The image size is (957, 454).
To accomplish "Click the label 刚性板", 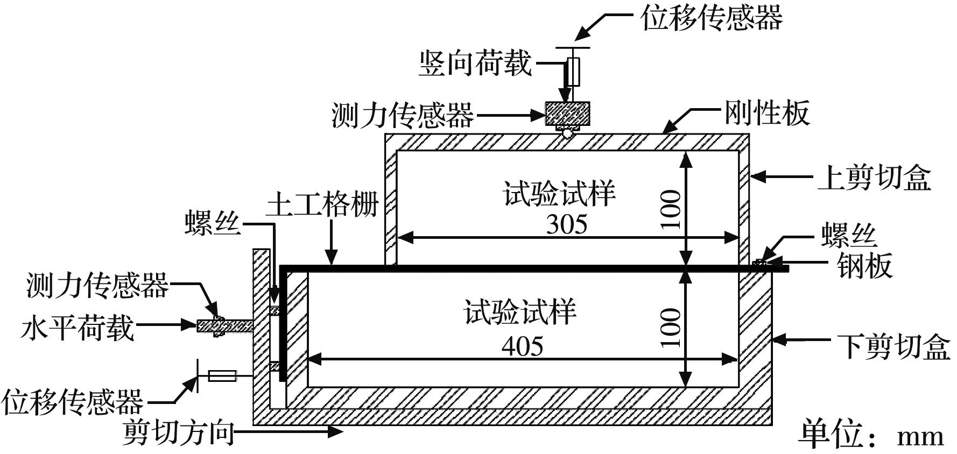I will [766, 113].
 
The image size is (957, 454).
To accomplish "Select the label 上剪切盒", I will [874, 176].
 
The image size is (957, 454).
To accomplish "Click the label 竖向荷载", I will [475, 63].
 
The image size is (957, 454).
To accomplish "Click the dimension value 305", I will [566, 224].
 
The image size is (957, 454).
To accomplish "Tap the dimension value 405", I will [522, 346].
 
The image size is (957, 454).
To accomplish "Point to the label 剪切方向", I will [178, 432].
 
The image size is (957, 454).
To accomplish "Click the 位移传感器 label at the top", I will [711, 18].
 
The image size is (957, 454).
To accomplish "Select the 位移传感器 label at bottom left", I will [73, 401].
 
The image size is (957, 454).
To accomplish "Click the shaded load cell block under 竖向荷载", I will [567, 113].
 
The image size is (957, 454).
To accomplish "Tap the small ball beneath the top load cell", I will [567, 132].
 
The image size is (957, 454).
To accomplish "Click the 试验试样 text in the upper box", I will [559, 193].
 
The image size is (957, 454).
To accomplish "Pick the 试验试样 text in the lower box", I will [520, 312].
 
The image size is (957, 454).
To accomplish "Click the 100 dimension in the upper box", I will [671, 209].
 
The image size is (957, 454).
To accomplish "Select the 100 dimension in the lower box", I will [671, 328].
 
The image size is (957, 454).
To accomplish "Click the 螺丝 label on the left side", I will [213, 222].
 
